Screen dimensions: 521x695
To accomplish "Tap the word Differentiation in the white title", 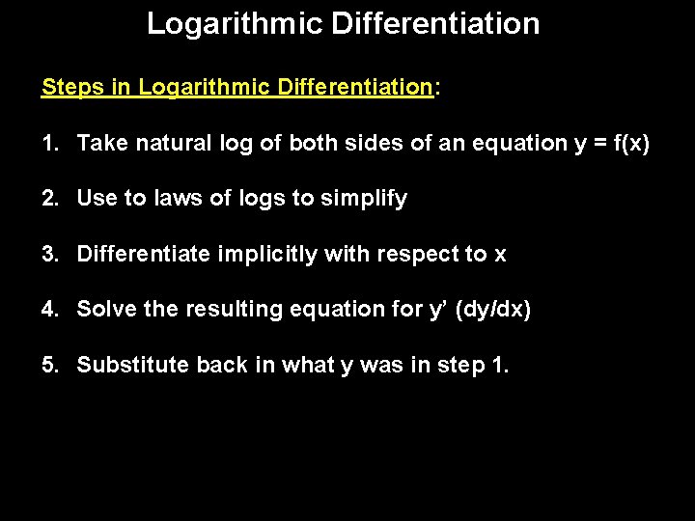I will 435,23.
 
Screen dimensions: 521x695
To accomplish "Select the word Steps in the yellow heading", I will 72,87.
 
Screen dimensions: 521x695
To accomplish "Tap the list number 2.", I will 48,199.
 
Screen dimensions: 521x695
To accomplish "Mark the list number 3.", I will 48,255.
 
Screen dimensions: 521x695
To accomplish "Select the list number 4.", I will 48,310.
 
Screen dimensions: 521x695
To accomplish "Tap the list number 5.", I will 48,366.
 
